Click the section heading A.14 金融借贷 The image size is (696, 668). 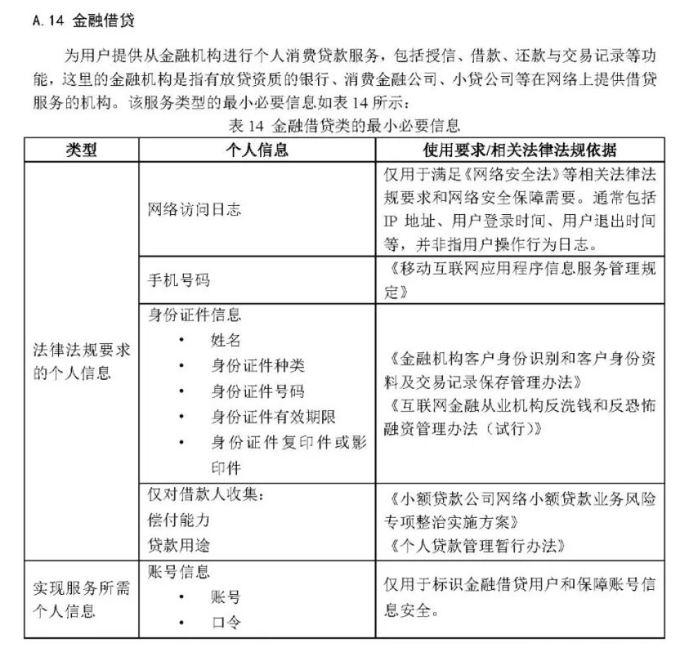pyautogui.click(x=84, y=22)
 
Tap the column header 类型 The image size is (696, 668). pyautogui.click(x=82, y=149)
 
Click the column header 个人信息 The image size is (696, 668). pyautogui.click(x=257, y=149)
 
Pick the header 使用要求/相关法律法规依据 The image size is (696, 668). pyautogui.click(x=519, y=149)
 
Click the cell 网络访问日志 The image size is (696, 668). pyautogui.click(x=195, y=209)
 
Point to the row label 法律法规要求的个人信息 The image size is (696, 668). pyautogui.click(x=82, y=361)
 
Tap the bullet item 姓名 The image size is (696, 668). pyautogui.click(x=226, y=340)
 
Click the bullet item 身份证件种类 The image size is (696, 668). pyautogui.click(x=258, y=366)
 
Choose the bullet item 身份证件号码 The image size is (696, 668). pyautogui.click(x=258, y=391)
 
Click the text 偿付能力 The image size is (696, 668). pyautogui.click(x=180, y=520)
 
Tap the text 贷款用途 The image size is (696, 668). pyautogui.click(x=180, y=545)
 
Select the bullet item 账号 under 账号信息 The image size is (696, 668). pyautogui.click(x=226, y=598)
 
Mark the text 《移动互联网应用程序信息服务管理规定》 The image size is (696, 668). pyautogui.click(x=519, y=280)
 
